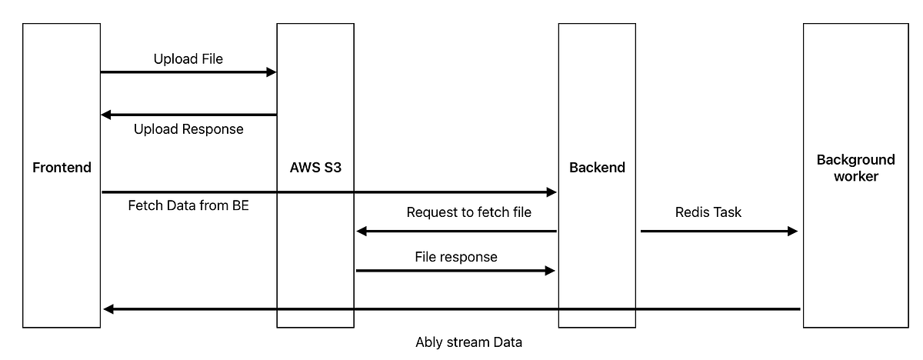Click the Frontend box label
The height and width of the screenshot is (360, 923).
coord(62,168)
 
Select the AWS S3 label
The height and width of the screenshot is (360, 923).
coord(315,168)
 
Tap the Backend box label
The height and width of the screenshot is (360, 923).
coord(597,168)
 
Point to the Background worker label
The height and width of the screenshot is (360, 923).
coord(855,168)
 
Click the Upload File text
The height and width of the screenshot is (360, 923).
coord(188,58)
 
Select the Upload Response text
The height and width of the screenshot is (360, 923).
coord(188,129)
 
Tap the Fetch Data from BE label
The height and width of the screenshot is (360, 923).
coord(188,206)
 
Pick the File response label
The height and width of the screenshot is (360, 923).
coord(456,257)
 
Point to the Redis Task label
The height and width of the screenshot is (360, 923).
coord(708,212)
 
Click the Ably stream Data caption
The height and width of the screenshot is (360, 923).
coord(468,342)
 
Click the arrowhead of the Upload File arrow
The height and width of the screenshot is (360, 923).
coord(271,72)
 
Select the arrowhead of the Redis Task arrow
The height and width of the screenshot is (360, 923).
coord(792,231)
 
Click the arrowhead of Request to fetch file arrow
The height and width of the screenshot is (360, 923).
coord(362,231)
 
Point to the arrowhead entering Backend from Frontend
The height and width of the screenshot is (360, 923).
coord(551,192)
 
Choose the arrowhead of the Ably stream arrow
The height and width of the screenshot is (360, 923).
coord(108,309)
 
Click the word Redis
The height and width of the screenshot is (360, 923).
coord(691,212)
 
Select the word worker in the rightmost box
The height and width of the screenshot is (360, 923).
coord(855,176)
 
